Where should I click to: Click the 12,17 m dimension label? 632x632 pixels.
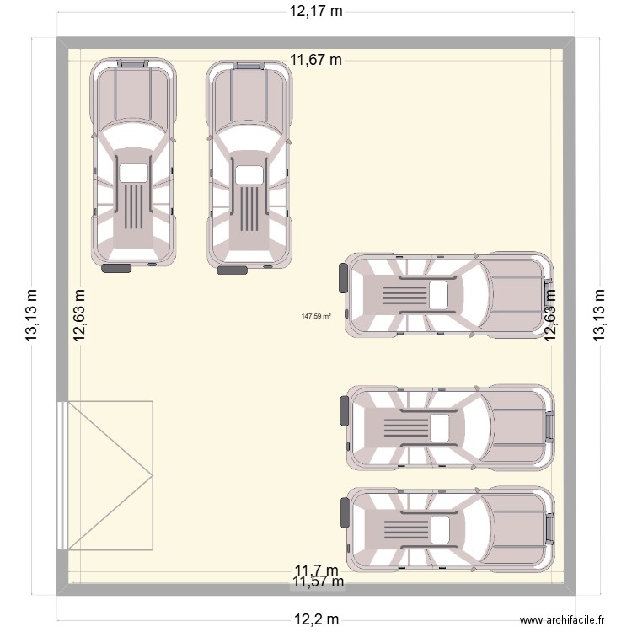coord(316,12)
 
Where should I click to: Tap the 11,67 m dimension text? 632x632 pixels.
coord(316,60)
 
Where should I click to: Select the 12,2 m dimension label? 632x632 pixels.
coord(316,619)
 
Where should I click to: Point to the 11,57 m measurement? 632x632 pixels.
coord(318,581)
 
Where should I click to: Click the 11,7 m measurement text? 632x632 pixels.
coord(316,570)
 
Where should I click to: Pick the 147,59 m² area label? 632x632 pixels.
coord(316,317)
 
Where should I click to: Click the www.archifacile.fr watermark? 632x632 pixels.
coord(563,619)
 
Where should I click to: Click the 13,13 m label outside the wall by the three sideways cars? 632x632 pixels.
coord(599,316)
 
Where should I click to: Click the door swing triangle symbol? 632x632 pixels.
coord(110,475)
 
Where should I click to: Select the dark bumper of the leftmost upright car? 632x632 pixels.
coord(116,269)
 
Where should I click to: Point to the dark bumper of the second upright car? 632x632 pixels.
coord(233,270)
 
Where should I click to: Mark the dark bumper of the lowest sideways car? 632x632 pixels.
coord(344,512)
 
